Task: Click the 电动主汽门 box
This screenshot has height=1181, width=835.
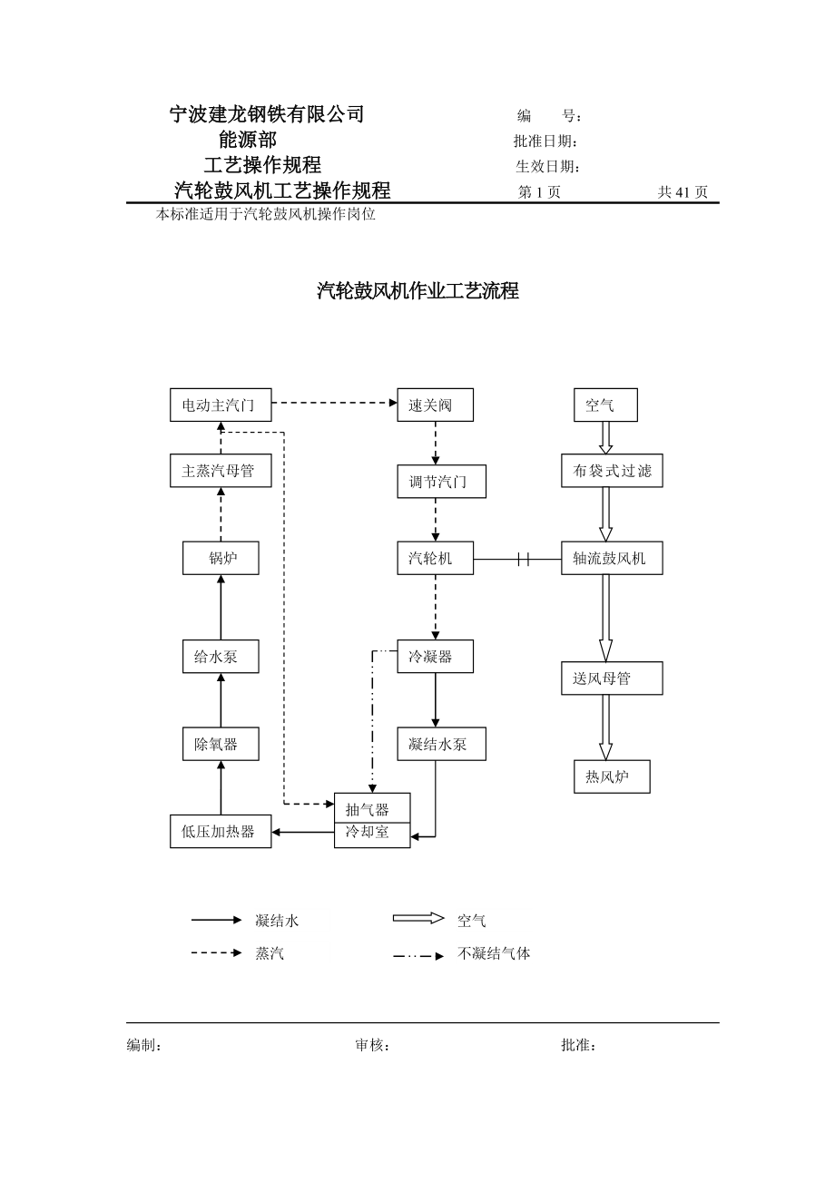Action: [x=221, y=405]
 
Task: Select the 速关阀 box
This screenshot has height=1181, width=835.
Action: [x=435, y=405]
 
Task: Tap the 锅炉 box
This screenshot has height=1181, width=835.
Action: [x=221, y=558]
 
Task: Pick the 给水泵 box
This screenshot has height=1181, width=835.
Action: [x=221, y=657]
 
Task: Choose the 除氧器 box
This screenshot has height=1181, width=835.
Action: [x=221, y=744]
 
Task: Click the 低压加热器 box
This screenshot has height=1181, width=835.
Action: [x=221, y=831]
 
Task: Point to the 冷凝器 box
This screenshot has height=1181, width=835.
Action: [x=435, y=657]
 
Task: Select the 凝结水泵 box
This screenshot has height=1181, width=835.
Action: [x=441, y=744]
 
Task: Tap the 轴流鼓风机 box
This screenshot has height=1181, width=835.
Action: [x=611, y=558]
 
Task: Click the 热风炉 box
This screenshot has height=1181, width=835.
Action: [x=611, y=776]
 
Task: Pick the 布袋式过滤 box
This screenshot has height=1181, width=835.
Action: [x=611, y=471]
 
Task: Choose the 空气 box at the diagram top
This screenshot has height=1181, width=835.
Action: [x=605, y=405]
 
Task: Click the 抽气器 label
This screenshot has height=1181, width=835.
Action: [x=368, y=809]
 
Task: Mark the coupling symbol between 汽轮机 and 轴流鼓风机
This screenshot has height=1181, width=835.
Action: [x=523, y=559]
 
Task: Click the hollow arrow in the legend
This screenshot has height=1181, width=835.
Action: [x=418, y=918]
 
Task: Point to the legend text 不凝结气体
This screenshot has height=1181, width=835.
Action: [x=494, y=954]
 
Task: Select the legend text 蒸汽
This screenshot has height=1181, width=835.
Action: [x=270, y=954]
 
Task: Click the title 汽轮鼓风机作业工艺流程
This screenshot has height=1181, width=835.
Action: [x=417, y=291]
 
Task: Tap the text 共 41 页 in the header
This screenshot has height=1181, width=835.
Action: [x=683, y=192]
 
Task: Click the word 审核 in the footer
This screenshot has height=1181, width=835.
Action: [x=371, y=1046]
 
